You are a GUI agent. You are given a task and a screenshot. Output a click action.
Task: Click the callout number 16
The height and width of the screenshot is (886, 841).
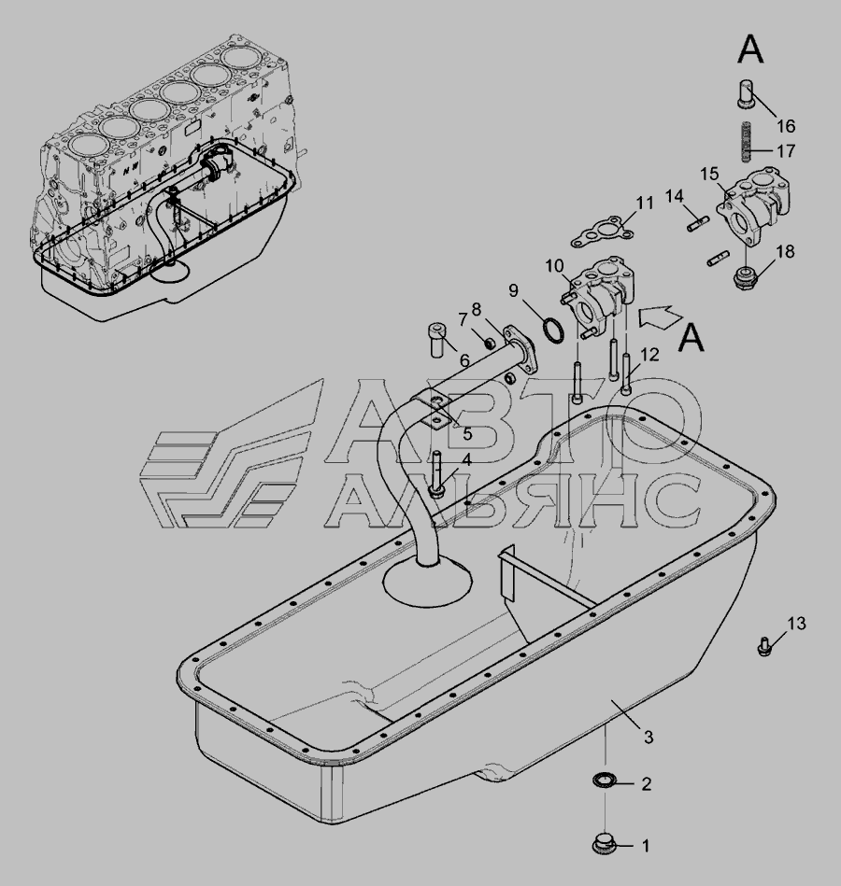coord(786,125)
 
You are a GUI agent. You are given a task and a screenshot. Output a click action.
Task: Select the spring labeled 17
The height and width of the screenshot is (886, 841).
coord(747,141)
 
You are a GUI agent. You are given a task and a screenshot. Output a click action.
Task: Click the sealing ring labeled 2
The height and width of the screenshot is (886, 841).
coord(604,781)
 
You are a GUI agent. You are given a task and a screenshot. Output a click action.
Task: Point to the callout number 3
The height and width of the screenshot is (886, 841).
coord(649,738)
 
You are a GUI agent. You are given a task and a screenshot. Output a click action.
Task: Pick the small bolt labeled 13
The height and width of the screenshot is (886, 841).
coord(764,645)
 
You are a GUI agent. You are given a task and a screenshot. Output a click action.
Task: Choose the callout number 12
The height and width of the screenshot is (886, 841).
coord(650,354)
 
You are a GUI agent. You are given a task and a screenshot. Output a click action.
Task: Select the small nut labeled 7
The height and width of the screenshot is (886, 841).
coord(491,343)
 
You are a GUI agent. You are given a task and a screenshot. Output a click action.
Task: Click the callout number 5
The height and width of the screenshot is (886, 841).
coord(467,434)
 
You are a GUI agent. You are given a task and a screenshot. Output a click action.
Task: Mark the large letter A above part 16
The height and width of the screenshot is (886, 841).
coord(751,49)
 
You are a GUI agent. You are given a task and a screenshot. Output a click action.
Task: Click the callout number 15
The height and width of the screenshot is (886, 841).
coord(710,175)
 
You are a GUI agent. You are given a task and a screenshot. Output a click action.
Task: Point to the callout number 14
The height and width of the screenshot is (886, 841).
coord(674,196)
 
